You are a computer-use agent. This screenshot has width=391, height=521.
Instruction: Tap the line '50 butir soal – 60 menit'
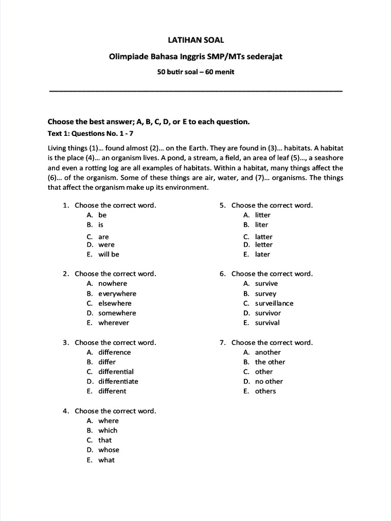point(195,72)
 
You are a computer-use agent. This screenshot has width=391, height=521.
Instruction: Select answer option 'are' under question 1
point(103,237)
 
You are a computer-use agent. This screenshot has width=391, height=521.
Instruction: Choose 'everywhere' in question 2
point(117,294)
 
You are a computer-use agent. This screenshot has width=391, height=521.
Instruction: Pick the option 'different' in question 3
point(112,391)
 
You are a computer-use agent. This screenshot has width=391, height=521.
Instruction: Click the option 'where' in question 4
point(108,421)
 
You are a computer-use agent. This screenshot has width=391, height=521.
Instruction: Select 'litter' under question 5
point(263,215)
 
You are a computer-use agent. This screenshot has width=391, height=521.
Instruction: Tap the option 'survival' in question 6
point(267,323)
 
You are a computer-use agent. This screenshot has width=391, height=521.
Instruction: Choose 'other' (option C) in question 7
point(264,372)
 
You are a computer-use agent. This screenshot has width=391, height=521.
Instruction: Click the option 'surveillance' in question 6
point(274,303)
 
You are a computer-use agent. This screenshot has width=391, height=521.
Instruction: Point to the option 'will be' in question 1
point(108,254)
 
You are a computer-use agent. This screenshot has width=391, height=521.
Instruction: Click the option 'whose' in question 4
point(108,450)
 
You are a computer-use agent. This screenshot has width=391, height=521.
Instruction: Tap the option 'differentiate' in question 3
point(118,382)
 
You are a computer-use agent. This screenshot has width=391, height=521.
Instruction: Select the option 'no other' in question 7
point(269,382)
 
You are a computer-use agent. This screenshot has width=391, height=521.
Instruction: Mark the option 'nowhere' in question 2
point(113,284)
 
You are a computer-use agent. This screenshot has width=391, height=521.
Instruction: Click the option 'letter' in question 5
point(264,245)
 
